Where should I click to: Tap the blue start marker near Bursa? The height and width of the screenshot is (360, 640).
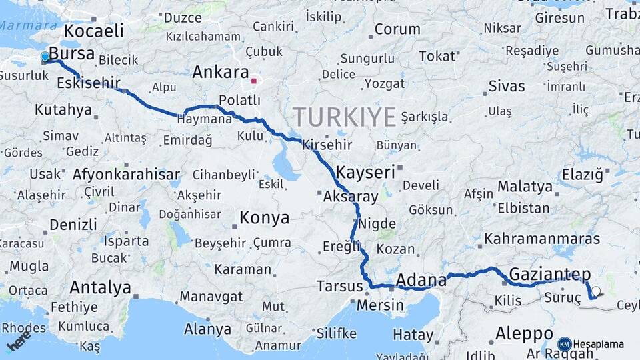[45, 57]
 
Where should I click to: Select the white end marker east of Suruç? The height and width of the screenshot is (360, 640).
[596, 291]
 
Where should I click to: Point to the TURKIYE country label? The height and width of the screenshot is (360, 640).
[345, 117]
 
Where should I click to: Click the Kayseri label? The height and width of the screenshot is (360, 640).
[365, 172]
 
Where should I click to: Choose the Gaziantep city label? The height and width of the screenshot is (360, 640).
[550, 273]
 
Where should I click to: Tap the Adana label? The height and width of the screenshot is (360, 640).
[421, 279]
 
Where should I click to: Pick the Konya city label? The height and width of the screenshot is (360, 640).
[264, 218]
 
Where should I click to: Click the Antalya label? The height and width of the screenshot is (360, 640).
[100, 288]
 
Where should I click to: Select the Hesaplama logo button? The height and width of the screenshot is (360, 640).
[591, 344]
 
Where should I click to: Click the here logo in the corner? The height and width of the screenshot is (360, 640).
[19, 343]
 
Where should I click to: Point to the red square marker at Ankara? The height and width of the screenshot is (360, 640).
[253, 81]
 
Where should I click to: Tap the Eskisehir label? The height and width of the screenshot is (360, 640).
[89, 83]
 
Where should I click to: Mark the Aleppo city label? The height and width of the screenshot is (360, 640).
[524, 333]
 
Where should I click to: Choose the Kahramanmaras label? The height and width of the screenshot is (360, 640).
[542, 238]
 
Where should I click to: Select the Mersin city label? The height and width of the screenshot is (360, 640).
[380, 305]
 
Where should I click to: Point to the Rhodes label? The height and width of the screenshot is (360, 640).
[24, 327]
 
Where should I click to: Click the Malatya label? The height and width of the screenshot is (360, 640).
[520, 187]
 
